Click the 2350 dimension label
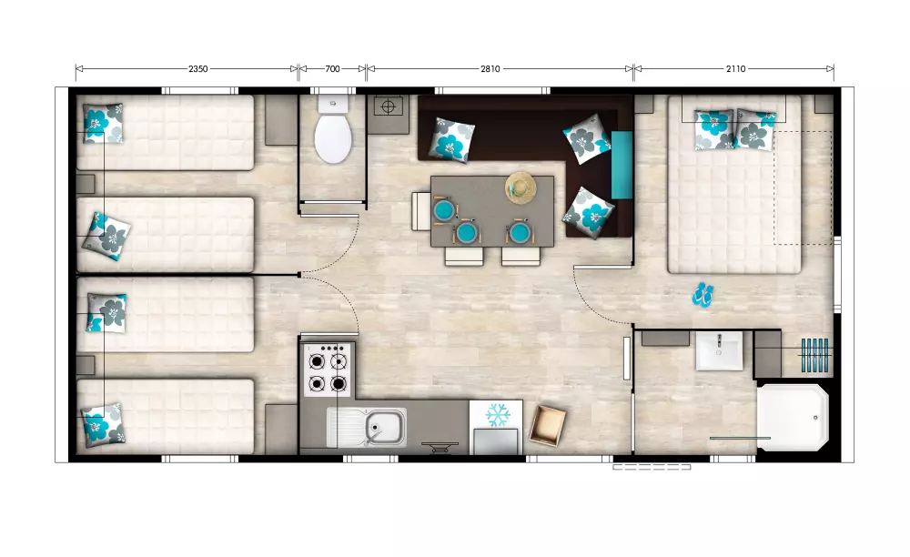[x=197, y=69]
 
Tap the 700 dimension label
[x=332, y=69]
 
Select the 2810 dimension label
[x=490, y=69]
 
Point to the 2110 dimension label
[x=736, y=69]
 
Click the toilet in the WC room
[x=333, y=129]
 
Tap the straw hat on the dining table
[x=521, y=188]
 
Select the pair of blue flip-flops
[x=703, y=294]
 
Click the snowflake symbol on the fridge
[x=498, y=414]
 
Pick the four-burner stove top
[x=328, y=369]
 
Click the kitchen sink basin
[x=385, y=428]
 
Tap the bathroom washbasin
[x=719, y=351]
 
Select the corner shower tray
[x=793, y=417]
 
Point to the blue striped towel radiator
[x=814, y=355]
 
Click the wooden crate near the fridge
[x=547, y=426]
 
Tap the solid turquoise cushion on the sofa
[x=622, y=165]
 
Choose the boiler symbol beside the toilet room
[x=389, y=107]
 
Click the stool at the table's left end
[x=421, y=211]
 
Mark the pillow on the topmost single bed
[x=104, y=123]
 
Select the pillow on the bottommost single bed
[x=103, y=425]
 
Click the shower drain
[x=815, y=418]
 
